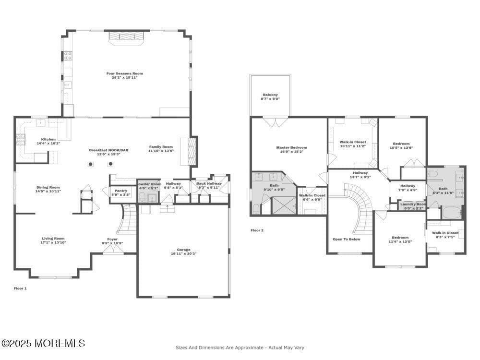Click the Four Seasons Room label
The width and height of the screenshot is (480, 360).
124,73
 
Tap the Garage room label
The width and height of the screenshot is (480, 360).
183,250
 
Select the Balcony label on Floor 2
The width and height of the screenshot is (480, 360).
270,95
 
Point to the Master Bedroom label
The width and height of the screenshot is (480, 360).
291,147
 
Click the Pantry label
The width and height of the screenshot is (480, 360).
120,191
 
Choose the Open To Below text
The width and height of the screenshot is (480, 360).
346,239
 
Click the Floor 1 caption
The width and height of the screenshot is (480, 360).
20,288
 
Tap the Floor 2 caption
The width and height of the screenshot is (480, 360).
257,230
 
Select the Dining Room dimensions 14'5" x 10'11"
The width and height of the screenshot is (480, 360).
48,192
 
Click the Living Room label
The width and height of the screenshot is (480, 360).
53,239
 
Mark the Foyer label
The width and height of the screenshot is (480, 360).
112,239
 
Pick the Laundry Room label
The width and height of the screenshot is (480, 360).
413,204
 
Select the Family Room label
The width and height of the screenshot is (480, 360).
161,147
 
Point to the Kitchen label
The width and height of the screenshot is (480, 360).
48,139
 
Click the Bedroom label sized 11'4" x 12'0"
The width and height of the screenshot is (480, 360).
400,238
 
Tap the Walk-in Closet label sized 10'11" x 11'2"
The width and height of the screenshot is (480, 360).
353,142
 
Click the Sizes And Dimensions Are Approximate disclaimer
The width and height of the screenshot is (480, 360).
240,347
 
